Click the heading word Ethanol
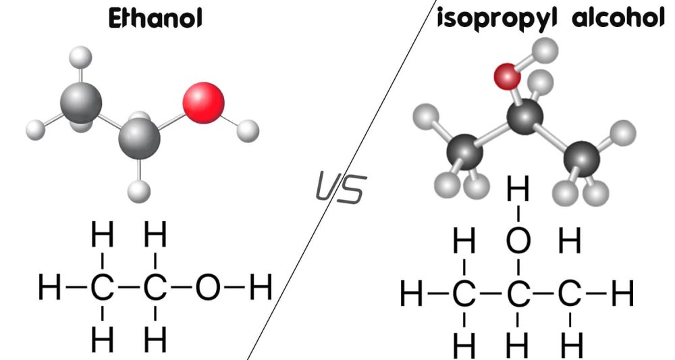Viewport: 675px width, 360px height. [155, 19]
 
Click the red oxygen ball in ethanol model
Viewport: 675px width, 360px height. [203, 103]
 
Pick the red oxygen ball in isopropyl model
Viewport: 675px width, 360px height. [507, 76]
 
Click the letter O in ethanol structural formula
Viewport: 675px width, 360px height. [207, 288]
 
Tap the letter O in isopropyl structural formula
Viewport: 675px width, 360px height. [518, 240]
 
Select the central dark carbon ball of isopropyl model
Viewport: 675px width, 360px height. [524, 116]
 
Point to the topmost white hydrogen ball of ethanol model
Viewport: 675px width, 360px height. [80, 57]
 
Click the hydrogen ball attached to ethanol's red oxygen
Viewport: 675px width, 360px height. [248, 131]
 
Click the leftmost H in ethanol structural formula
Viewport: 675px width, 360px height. [49, 288]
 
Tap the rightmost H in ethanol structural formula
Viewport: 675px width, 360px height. [261, 288]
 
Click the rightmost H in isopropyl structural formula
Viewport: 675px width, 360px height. [622, 293]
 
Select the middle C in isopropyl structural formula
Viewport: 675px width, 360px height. [518, 293]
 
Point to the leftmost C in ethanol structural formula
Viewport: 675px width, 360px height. [103, 288]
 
